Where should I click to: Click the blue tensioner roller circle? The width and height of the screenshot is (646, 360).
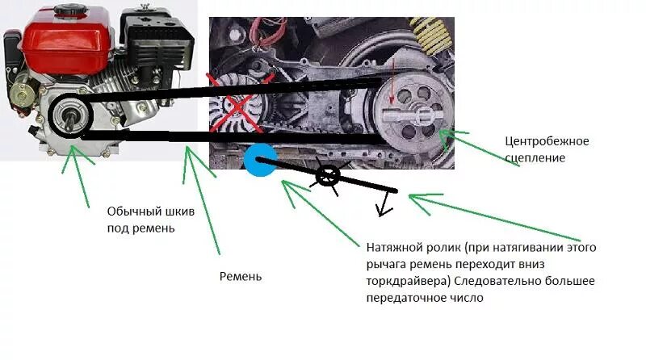point(261,158)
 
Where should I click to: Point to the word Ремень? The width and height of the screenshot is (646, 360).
point(241,276)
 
